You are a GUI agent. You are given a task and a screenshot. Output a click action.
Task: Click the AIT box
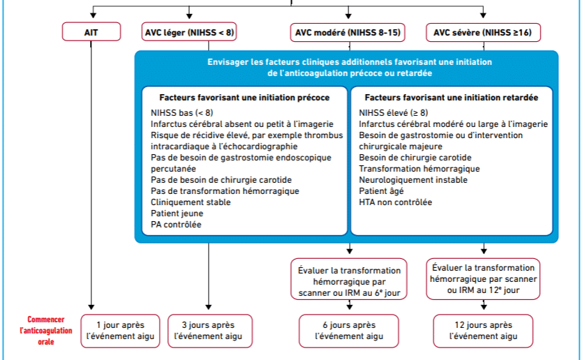pyautogui.click(x=91, y=31)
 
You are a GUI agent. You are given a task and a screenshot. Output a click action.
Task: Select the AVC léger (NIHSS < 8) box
pyautogui.click(x=189, y=31)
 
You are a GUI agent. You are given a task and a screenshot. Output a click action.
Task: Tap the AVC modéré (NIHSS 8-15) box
pyautogui.click(x=348, y=32)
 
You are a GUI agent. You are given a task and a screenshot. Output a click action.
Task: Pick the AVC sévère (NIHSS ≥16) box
pyautogui.click(x=483, y=32)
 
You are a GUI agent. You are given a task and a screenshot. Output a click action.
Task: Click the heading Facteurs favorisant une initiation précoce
pyautogui.click(x=244, y=98)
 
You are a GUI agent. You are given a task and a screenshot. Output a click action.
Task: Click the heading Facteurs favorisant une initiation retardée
pyautogui.click(x=452, y=98)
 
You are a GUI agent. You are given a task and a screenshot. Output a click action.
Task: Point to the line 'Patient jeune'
pyautogui.click(x=177, y=213)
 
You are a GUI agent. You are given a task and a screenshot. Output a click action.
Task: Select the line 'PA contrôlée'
pyautogui.click(x=176, y=225)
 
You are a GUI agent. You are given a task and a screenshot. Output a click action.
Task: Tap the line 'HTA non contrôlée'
pyautogui.click(x=396, y=202)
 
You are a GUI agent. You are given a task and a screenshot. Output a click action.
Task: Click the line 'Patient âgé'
pyautogui.click(x=381, y=191)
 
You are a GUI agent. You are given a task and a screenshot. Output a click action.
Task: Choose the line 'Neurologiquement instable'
pyautogui.click(x=413, y=180)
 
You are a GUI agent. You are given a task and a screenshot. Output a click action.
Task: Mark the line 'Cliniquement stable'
pyautogui.click(x=191, y=202)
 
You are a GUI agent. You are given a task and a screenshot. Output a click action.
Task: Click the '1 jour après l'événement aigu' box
pyautogui.click(x=120, y=331)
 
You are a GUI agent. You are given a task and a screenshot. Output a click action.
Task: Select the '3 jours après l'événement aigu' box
pyautogui.click(x=209, y=331)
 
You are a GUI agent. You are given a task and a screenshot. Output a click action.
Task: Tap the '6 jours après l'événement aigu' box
pyautogui.click(x=349, y=331)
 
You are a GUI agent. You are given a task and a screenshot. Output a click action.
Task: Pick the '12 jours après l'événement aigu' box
pyautogui.click(x=483, y=331)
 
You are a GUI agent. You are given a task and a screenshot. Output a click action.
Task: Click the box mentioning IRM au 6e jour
pyautogui.click(x=349, y=279)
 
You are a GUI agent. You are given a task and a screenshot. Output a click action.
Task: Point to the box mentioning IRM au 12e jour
pyautogui.click(x=483, y=279)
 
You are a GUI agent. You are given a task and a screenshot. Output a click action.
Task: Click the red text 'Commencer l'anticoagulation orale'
pyautogui.click(x=46, y=331)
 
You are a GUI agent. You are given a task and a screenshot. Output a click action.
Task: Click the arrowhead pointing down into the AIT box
pyautogui.click(x=94, y=15)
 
